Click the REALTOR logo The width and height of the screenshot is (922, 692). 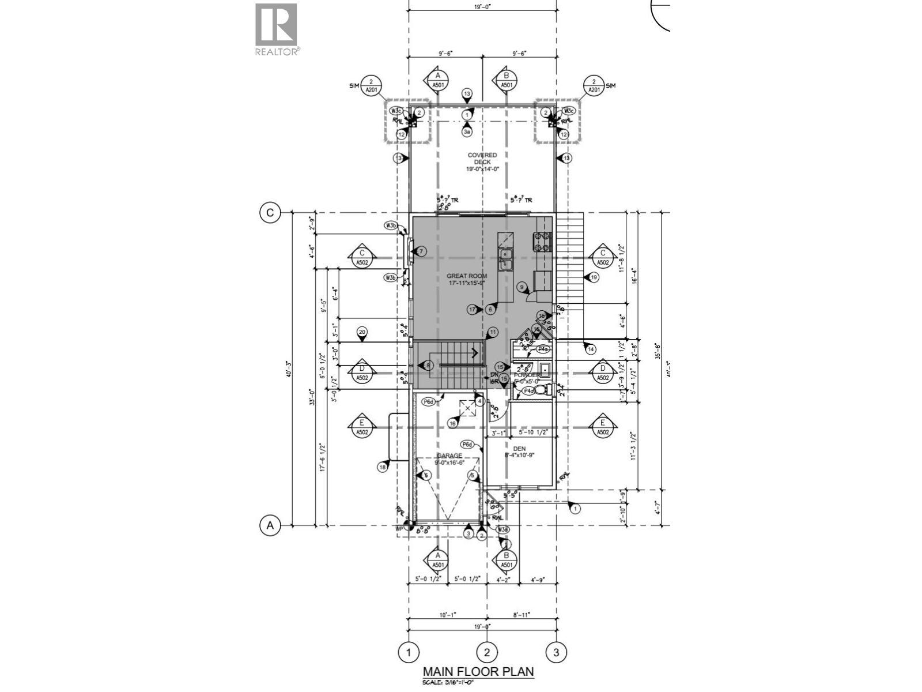(277, 28)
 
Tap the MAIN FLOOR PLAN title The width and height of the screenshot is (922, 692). (478, 672)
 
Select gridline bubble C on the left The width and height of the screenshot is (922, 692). (269, 213)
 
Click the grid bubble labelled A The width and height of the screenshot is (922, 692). (269, 525)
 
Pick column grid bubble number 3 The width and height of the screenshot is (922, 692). (556, 652)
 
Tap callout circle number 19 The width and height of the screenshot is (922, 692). (594, 277)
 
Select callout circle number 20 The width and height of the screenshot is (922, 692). (362, 332)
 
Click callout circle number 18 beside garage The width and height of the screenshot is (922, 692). (382, 467)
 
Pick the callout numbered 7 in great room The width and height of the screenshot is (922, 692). (421, 251)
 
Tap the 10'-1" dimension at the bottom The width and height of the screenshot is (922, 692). (447, 615)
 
